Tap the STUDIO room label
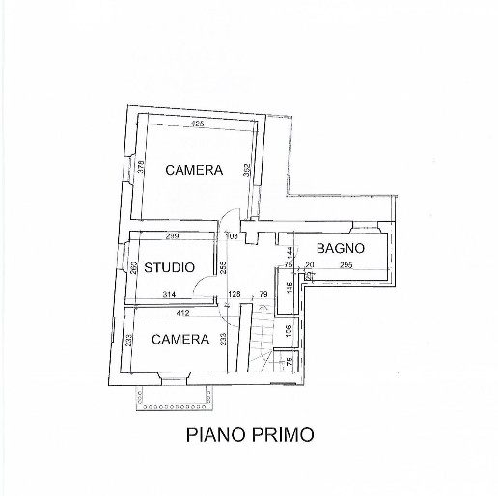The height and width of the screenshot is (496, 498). [x=170, y=267]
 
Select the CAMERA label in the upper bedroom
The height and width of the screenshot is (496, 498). [x=193, y=170]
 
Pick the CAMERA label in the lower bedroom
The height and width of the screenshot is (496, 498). [x=180, y=339]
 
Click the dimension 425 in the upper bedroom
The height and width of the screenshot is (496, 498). [x=197, y=124]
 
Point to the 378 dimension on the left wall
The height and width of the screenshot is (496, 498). [x=140, y=166]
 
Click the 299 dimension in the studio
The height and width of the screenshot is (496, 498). [x=172, y=236]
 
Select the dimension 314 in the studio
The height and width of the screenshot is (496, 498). [x=170, y=295]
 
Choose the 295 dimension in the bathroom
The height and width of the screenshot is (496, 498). [x=346, y=265]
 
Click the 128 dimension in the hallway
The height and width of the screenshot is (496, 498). [x=234, y=295]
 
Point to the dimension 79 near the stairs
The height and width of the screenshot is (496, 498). [x=263, y=295]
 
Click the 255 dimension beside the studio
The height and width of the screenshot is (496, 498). [x=223, y=266]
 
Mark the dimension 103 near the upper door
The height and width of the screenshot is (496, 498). [x=232, y=235]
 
